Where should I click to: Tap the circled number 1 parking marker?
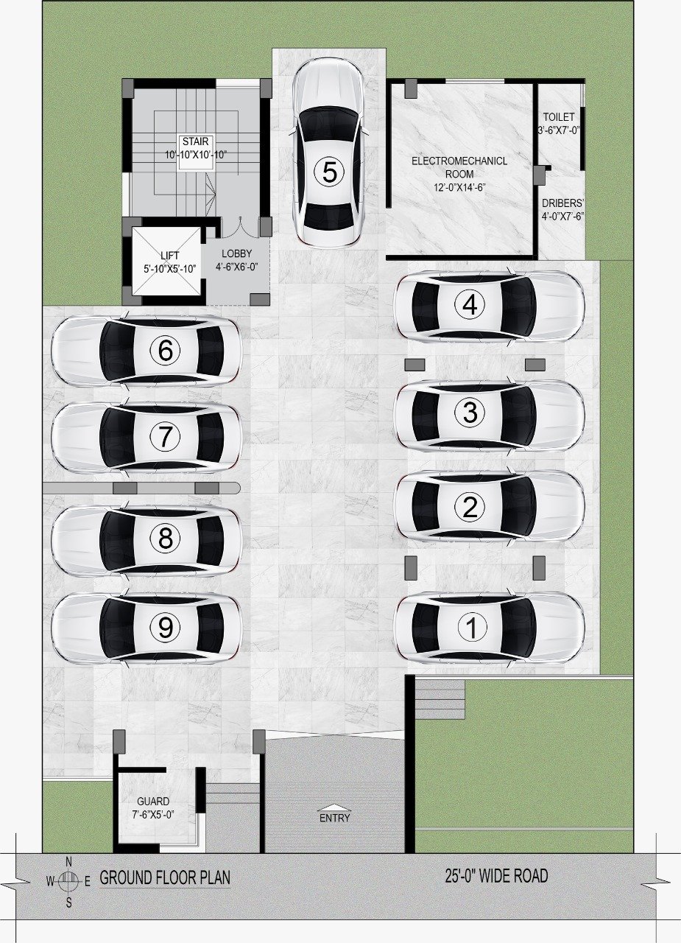[472, 627]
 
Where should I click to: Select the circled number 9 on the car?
[165, 628]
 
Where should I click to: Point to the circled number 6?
[165, 350]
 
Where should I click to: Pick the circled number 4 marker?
[470, 304]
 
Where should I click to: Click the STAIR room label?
[196, 141]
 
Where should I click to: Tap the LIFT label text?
[170, 255]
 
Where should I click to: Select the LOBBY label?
[237, 253]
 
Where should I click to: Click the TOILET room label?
[559, 116]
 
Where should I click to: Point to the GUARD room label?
[153, 801]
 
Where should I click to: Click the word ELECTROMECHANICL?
[459, 161]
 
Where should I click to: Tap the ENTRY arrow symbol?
[335, 807]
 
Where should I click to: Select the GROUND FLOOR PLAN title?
[165, 877]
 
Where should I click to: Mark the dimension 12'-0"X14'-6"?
[459, 187]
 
